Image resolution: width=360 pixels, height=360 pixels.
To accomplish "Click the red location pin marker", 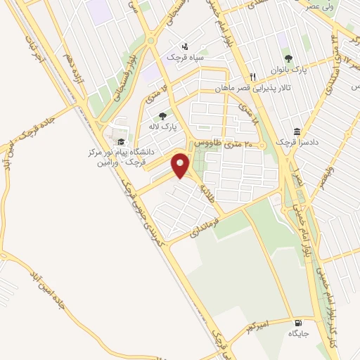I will pos(181,165).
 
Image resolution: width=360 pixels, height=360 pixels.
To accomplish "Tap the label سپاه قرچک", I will pos(184,56).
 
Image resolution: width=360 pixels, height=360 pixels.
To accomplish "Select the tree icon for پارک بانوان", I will pos(287,58).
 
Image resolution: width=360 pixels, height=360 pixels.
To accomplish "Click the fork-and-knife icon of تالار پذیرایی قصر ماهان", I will pos(252,77).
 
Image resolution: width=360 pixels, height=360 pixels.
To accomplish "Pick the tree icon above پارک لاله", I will pos(163,116).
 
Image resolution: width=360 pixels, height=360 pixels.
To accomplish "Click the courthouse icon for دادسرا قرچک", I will pos(297,132).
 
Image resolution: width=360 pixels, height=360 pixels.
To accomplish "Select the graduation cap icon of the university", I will pos(122,141).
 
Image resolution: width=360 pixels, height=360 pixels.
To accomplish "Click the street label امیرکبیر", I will pos(250,328).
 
